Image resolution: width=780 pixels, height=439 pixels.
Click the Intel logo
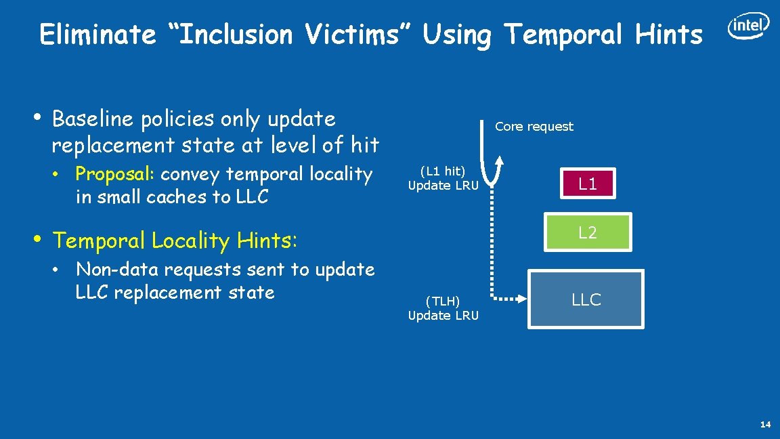(748, 26)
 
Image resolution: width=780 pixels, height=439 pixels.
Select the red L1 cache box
(587, 184)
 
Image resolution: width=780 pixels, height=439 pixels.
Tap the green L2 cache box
(587, 232)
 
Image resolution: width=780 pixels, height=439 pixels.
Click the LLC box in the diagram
(586, 299)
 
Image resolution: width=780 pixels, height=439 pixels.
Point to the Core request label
(534, 127)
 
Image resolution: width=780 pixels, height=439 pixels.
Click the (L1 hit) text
(443, 172)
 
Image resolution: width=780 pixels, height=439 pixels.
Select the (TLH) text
(443, 302)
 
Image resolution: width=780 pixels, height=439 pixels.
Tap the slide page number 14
(765, 425)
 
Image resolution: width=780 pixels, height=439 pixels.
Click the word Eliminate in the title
(98, 35)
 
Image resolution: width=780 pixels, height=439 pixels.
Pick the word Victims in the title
(355, 35)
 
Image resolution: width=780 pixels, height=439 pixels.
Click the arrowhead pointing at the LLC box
(521, 298)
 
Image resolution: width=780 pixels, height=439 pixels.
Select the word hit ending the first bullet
(365, 144)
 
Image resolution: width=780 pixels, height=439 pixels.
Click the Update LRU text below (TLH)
(443, 316)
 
